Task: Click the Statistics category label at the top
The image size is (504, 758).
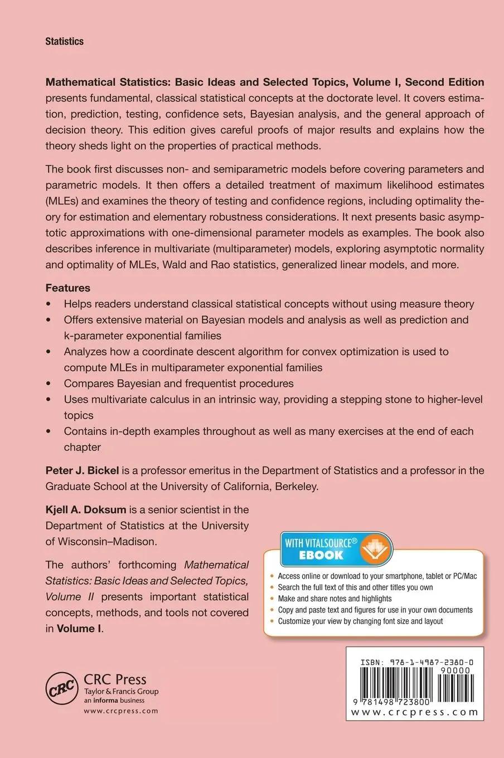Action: click(x=64, y=41)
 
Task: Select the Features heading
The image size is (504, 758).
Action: click(x=67, y=288)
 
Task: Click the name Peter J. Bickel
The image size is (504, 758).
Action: click(x=82, y=470)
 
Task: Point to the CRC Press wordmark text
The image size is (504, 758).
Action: click(x=115, y=679)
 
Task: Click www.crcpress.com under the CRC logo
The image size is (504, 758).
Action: click(x=121, y=711)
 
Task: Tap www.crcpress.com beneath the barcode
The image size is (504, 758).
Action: click(x=415, y=712)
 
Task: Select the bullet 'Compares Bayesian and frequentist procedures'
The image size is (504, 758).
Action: click(x=178, y=383)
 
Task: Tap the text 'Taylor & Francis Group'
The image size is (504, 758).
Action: click(x=121, y=692)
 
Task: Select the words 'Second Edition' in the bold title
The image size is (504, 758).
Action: click(x=444, y=82)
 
